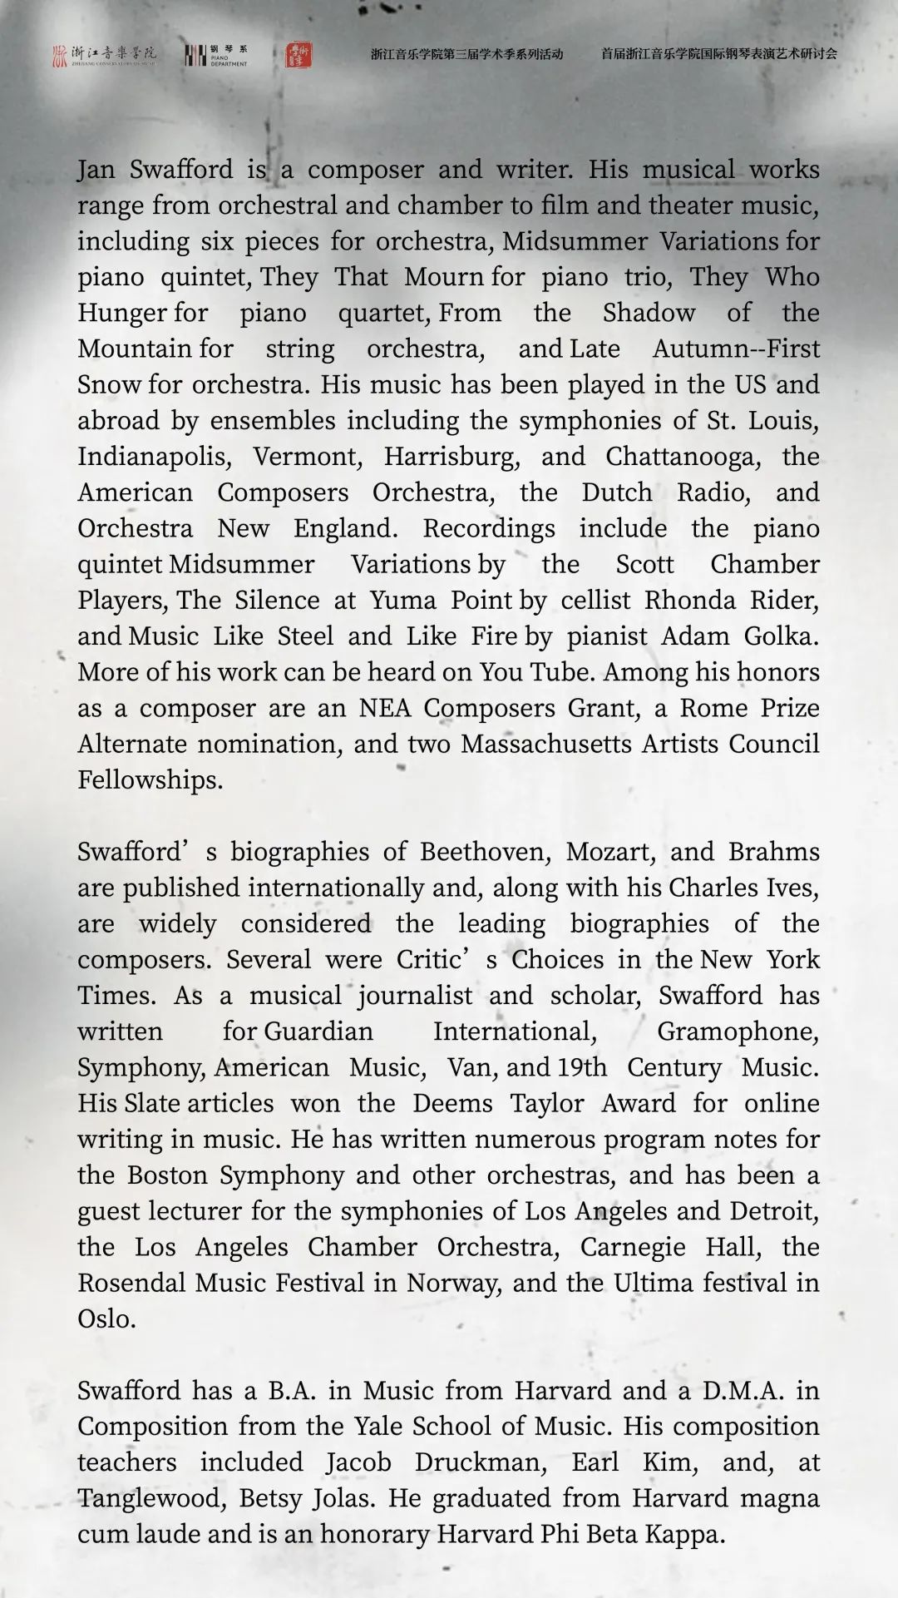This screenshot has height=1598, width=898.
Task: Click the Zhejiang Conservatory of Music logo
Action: (x=104, y=56)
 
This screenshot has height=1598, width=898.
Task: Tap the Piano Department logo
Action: (x=215, y=56)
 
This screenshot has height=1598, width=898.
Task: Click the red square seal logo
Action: (x=299, y=55)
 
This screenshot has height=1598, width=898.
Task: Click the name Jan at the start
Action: (x=96, y=170)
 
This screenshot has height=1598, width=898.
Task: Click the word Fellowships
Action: (x=150, y=779)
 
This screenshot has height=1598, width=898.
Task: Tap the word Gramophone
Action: (x=737, y=1032)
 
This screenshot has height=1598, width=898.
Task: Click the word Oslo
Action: (x=106, y=1318)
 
